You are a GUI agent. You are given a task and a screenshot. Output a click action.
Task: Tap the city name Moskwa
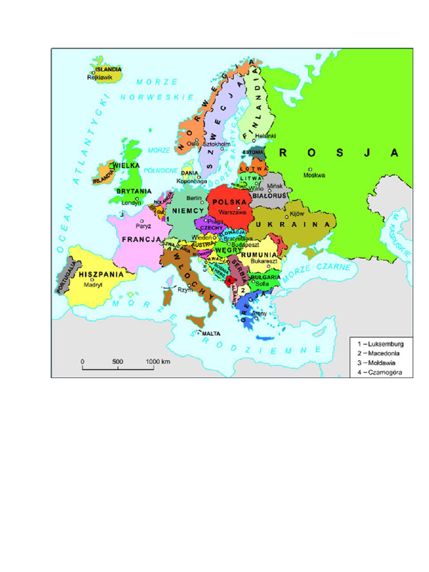pyautogui.click(x=313, y=175)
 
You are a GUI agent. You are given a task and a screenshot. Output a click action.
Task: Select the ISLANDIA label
pyautogui.click(x=108, y=69)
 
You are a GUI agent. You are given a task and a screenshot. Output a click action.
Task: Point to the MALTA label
pyautogui.click(x=211, y=333)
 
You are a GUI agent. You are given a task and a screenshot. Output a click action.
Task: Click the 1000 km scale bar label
pyautogui.click(x=158, y=361)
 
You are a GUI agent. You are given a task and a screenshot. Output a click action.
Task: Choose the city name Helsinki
pyautogui.click(x=265, y=136)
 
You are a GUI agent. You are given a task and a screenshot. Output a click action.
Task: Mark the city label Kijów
pyautogui.click(x=297, y=214)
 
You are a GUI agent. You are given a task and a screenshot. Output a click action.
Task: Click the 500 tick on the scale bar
pyautogui.click(x=117, y=361)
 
